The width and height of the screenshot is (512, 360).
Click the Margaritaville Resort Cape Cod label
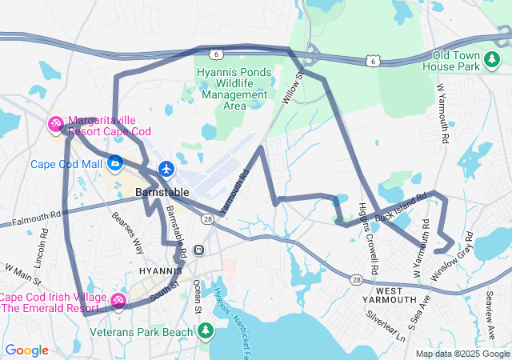click(110, 126)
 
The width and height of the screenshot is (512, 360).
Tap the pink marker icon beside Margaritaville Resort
click(56, 124)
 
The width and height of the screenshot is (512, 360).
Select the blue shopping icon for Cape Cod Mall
click(116, 164)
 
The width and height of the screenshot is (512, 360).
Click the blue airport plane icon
click(166, 169)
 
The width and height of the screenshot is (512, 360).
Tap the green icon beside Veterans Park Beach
click(206, 330)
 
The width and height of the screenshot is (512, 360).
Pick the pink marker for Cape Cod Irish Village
click(118, 300)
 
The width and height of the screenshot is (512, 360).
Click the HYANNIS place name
click(162, 271)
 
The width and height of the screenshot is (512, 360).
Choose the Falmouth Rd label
click(32, 217)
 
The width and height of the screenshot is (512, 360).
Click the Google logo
click(27, 350)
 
